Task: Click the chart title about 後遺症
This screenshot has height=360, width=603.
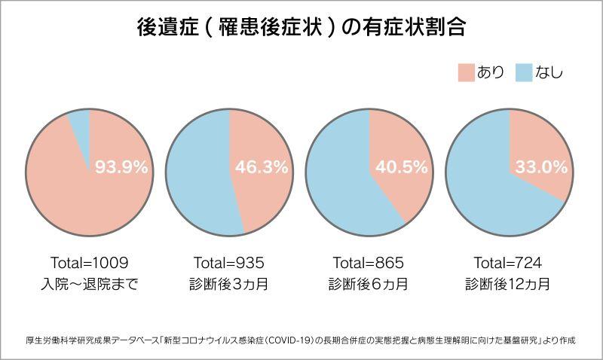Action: [301, 29]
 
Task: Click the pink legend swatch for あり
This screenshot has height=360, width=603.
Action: [466, 73]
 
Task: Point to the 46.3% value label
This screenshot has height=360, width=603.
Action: [262, 168]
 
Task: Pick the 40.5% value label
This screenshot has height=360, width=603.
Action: [401, 168]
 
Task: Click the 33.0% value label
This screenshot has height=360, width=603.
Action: [541, 168]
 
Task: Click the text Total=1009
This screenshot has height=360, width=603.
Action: [90, 263]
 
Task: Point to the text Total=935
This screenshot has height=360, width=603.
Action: [229, 263]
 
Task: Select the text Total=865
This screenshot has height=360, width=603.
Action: [369, 263]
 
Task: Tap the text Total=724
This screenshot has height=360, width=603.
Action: [508, 263]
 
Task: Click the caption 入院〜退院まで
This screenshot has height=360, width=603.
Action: [90, 285]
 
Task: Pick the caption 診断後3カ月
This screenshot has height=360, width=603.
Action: [229, 285]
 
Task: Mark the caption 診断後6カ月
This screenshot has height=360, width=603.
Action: [369, 285]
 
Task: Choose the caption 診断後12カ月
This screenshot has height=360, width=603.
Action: [508, 285]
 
